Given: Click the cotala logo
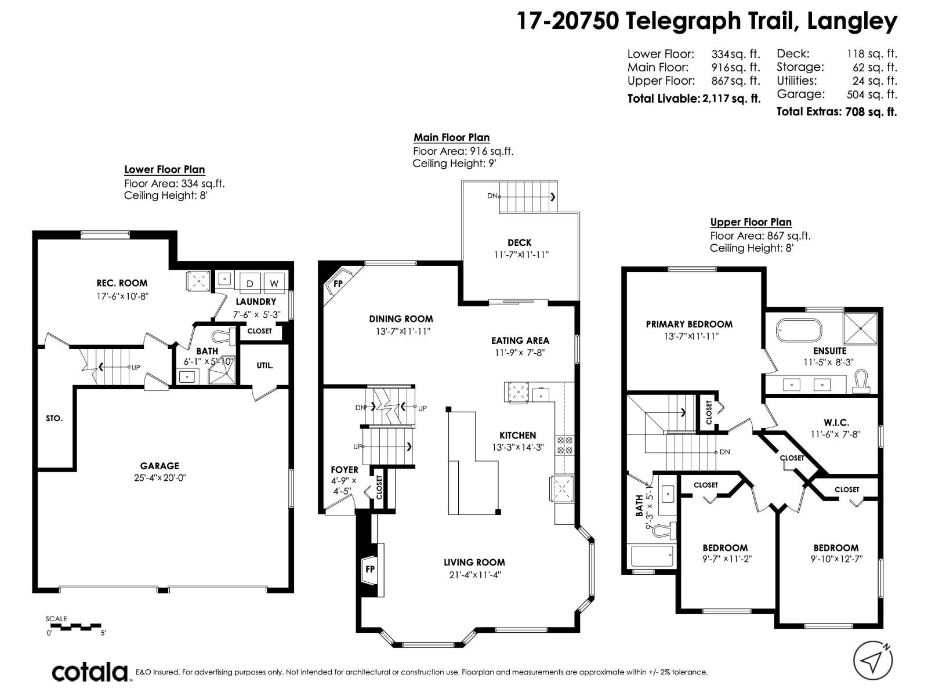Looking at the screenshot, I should tap(90, 672).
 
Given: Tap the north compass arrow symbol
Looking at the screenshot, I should tap(872, 660).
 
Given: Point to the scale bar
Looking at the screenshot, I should tap(75, 626).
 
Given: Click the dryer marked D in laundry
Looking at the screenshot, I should tap(250, 283).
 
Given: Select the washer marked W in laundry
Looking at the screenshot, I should tap(274, 283).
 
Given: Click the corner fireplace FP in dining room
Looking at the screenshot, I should tap(338, 284).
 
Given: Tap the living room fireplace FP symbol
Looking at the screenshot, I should tap(369, 569).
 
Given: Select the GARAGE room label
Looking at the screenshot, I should tap(159, 466).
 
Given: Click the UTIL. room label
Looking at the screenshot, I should tap(264, 365).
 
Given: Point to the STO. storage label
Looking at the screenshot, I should tap(54, 418).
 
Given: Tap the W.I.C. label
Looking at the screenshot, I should tap(836, 422).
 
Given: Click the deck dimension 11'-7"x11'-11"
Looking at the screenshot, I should tap(520, 255).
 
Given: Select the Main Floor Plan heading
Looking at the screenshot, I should tap(451, 137).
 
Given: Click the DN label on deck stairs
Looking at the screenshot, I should tap(492, 196).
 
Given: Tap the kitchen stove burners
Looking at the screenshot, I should tap(564, 445).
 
